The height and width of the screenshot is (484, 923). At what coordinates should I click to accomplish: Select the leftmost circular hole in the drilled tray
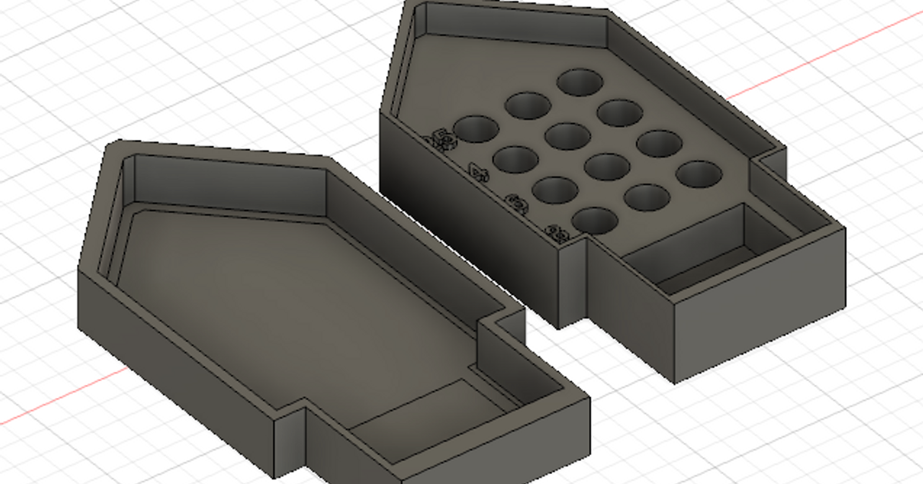476,129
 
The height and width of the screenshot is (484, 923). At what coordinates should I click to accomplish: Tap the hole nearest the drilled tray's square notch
698,174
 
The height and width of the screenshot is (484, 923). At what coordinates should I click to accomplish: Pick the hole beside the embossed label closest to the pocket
595,220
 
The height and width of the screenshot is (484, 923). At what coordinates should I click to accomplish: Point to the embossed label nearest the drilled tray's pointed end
442,139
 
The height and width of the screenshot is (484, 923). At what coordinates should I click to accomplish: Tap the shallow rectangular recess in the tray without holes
419,419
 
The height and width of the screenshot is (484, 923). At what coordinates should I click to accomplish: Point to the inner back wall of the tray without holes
231,184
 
